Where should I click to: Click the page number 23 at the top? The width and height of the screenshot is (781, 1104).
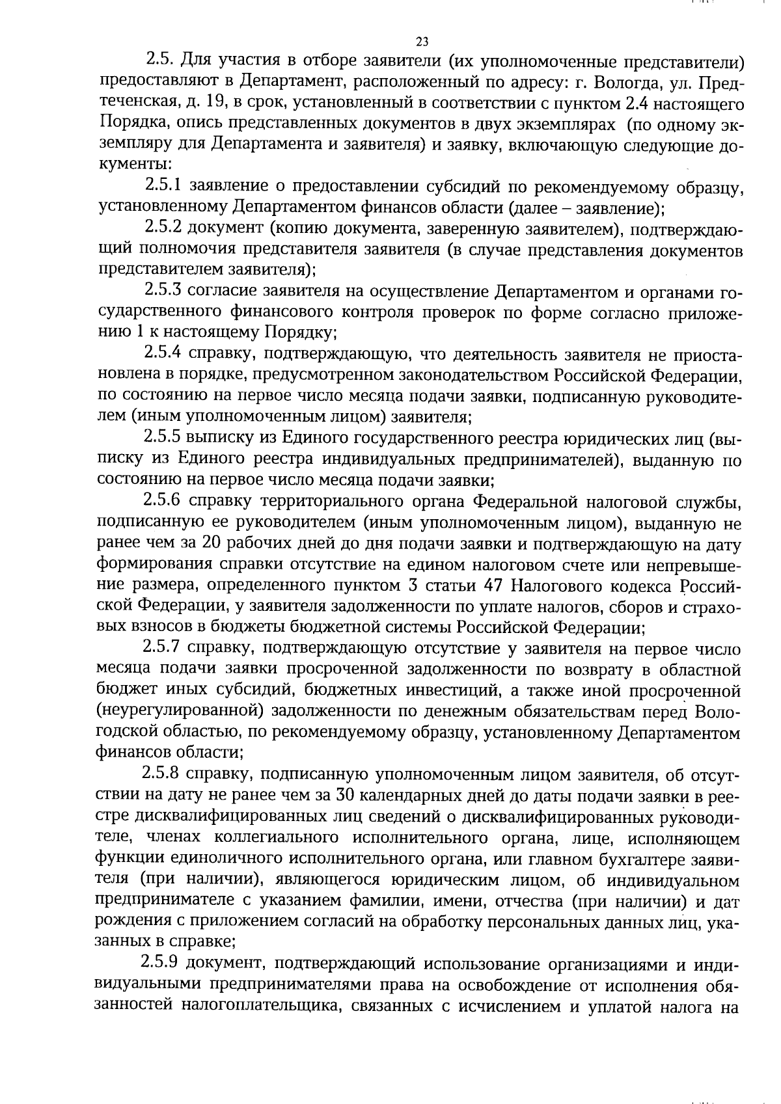[x=422, y=42]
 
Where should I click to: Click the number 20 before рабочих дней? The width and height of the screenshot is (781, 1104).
[x=213, y=543]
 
